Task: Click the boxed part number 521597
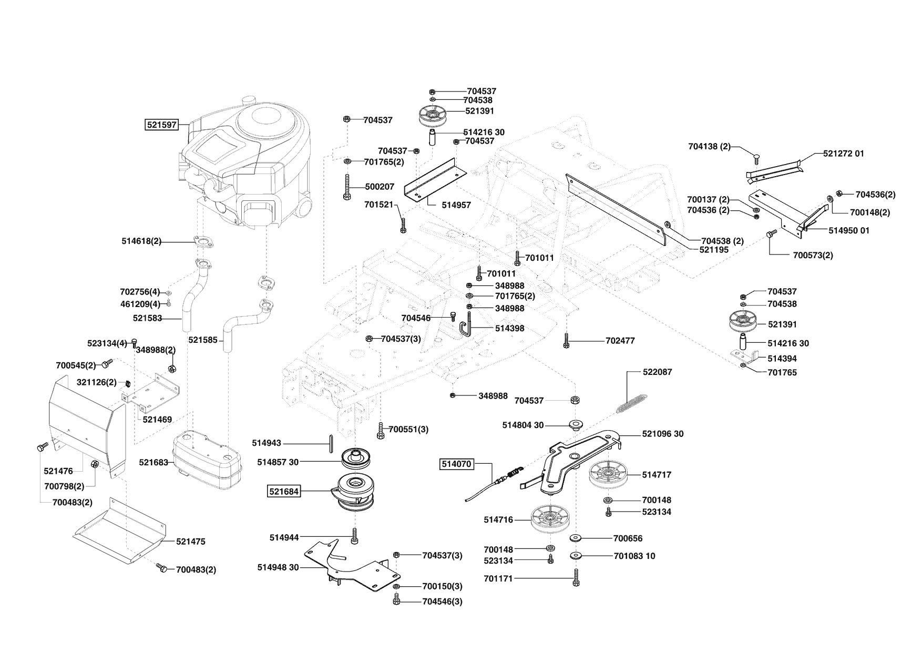(x=161, y=125)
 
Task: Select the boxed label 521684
(x=284, y=492)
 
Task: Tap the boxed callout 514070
(x=456, y=464)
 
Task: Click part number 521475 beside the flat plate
(x=191, y=542)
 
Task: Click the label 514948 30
(x=278, y=567)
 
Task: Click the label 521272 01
(x=844, y=154)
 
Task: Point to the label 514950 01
(x=849, y=230)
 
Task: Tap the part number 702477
(x=620, y=341)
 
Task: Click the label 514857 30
(x=278, y=462)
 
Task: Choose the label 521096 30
(x=663, y=434)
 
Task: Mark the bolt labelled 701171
(x=577, y=578)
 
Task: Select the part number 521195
(x=714, y=250)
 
